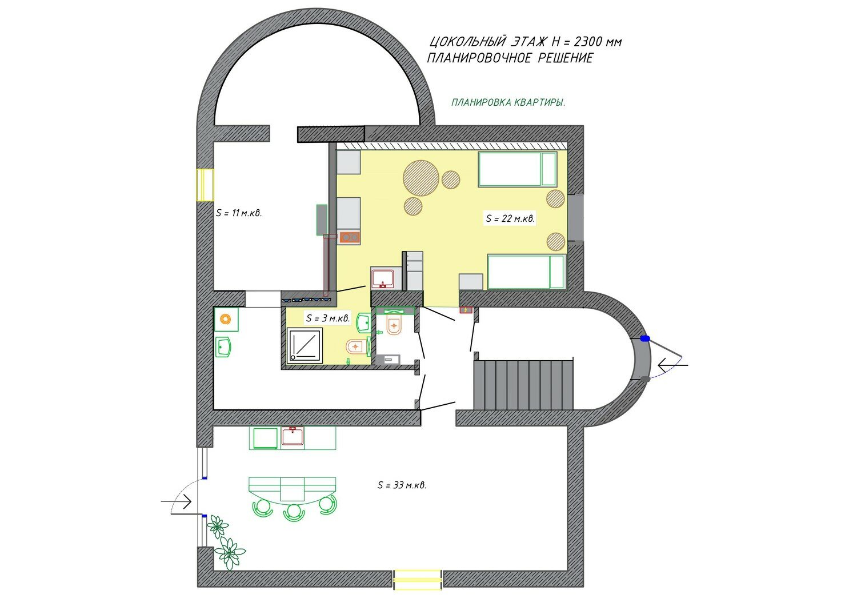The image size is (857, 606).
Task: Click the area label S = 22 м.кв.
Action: coord(510,218)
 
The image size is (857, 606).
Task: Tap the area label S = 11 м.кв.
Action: coord(239,213)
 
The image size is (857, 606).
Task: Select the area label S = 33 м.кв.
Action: coord(402,485)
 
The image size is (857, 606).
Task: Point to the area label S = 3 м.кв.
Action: coord(328,318)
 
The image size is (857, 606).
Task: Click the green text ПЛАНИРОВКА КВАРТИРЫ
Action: coord(508,102)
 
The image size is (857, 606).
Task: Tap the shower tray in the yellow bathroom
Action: coord(305,346)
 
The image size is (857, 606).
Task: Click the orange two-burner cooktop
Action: coord(349,238)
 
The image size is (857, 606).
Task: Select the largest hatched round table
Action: coord(421,178)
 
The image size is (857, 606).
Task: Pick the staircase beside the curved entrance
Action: coord(523,384)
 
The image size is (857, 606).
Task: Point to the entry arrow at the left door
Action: coord(176,501)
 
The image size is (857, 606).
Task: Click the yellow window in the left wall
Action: coord(205,185)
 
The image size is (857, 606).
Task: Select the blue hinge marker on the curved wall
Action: coord(646,338)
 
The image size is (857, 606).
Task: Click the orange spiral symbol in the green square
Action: coord(226,319)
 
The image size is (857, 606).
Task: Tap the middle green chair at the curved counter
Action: coord(293,512)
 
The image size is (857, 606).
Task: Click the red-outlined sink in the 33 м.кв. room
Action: coord(293,436)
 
